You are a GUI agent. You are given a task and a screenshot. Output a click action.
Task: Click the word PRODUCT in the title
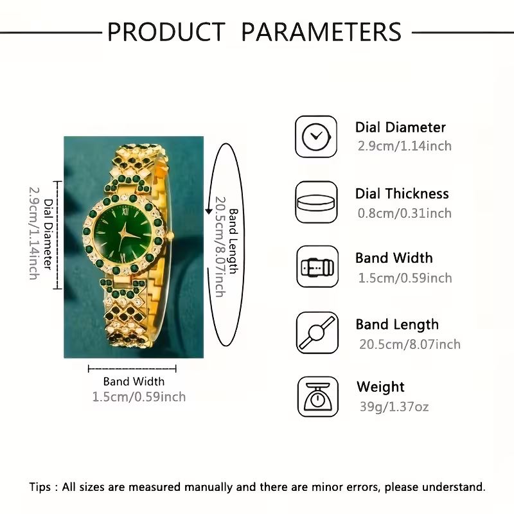tap(166, 31)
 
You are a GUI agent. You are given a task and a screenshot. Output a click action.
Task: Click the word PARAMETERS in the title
tap(321, 31)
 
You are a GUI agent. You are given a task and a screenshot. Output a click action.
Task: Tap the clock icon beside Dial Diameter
tap(316, 136)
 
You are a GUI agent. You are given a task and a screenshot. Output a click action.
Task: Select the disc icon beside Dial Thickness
tap(316, 202)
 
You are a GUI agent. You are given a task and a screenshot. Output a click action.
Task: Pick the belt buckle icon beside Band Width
tap(316, 267)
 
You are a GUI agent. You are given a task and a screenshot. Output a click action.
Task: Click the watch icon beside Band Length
tap(316, 332)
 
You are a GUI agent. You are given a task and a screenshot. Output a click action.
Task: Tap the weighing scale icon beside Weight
tap(316, 397)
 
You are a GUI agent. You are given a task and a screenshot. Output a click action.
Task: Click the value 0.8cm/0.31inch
tap(404, 213)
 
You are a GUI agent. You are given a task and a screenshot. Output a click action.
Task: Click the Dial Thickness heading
tap(402, 193)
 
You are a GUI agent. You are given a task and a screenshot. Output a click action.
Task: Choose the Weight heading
tap(380, 387)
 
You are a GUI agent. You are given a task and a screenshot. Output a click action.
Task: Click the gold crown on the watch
tap(170, 236)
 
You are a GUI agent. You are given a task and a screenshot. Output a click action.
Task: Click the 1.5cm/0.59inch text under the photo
tap(139, 397)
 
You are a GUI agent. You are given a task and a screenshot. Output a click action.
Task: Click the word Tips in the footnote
tap(42, 486)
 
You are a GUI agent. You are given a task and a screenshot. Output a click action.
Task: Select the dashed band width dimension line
tap(132, 368)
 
